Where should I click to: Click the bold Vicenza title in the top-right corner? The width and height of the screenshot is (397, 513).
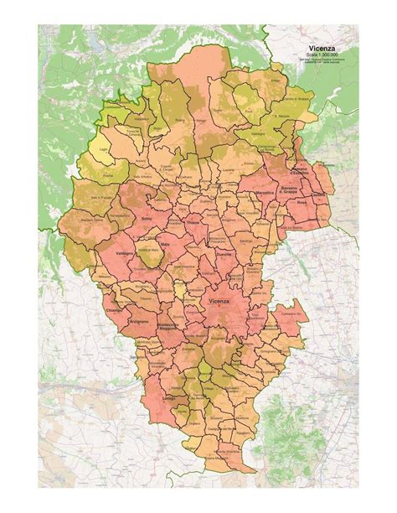click(323, 50)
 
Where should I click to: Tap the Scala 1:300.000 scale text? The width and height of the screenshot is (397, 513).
click(323, 57)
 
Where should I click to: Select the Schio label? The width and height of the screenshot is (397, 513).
click(148, 220)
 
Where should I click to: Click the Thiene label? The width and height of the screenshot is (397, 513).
click(193, 223)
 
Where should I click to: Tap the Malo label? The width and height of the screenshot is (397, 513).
click(165, 245)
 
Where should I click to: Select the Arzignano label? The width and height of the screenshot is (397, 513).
click(140, 321)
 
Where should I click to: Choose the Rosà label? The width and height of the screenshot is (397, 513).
click(302, 203)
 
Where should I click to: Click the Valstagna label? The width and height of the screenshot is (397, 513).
click(260, 132)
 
